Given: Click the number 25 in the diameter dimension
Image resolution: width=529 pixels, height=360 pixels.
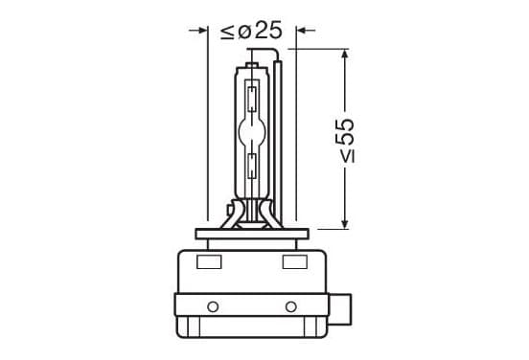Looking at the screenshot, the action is (268, 30).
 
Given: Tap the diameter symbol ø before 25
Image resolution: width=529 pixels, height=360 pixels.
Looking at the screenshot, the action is (244, 32).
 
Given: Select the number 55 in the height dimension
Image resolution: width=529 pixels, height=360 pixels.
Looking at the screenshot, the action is (345, 132).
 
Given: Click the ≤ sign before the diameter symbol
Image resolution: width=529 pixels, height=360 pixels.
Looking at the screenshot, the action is (227, 32).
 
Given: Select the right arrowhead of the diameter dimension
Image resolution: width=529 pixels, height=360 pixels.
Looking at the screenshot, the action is (301, 31).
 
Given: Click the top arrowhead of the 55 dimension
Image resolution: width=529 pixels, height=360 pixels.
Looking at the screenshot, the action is (344, 54).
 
